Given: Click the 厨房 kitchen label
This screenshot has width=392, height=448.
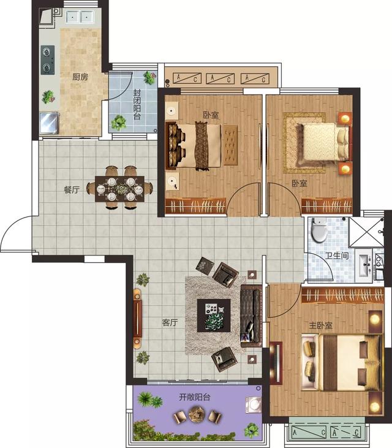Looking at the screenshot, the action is pyautogui.click(x=80, y=77).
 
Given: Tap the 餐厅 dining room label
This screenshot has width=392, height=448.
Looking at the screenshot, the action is pyautogui.click(x=72, y=190).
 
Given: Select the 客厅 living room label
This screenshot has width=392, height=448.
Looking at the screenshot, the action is pyautogui.click(x=170, y=322).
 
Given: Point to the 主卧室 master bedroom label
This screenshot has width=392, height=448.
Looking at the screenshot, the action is pyautogui.click(x=321, y=325).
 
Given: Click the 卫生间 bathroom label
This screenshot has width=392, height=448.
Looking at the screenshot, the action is pyautogui.click(x=337, y=255).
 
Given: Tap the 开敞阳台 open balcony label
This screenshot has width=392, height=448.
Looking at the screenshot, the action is pyautogui.click(x=195, y=397).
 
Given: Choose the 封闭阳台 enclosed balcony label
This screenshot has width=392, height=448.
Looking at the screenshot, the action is pyautogui.click(x=137, y=105).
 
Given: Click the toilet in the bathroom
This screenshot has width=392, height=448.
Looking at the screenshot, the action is pyautogui.click(x=319, y=230).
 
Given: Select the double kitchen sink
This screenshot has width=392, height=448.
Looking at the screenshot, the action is pyautogui.click(x=80, y=17).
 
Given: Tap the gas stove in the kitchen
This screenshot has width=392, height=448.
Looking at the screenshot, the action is pyautogui.click(x=47, y=60).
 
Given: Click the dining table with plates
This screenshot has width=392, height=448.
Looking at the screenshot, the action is pyautogui.click(x=119, y=189).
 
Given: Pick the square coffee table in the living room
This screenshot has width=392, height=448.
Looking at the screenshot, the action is pyautogui.click(x=214, y=316).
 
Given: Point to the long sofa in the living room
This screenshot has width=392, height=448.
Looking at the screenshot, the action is pyautogui.click(x=251, y=316).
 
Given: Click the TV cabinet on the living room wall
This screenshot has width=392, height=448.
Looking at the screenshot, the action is pyautogui.click(x=137, y=317).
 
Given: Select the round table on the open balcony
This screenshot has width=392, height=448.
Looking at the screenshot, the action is pyautogui.click(x=197, y=414).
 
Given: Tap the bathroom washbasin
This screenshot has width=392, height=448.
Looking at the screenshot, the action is pyautogui.click(x=364, y=265).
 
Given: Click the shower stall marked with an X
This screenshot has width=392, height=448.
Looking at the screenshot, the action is pyautogui.click(x=366, y=232).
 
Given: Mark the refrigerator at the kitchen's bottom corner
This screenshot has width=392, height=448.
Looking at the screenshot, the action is pyautogui.click(x=50, y=123).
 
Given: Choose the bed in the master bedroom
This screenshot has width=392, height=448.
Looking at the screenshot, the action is pyautogui.click(x=342, y=363).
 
